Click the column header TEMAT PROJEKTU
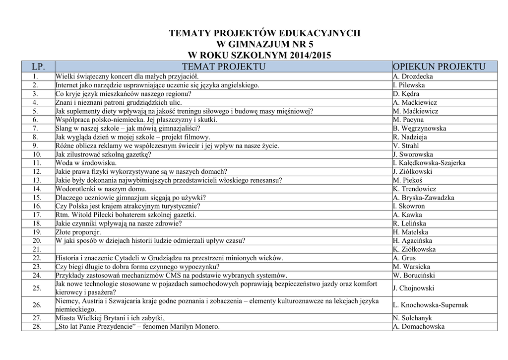[223, 67]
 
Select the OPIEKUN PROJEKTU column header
[439, 67]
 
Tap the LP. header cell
[38, 67]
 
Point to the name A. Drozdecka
[413, 76]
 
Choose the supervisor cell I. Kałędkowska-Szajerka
[429, 163]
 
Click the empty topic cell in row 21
[223, 249]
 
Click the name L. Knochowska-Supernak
[430, 305]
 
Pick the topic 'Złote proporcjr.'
[78, 232]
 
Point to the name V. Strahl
[406, 145]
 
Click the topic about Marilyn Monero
[137, 327]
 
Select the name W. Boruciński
[414, 275]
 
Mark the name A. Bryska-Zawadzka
[423, 198]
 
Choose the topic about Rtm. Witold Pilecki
[126, 215]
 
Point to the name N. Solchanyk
[412, 318]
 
